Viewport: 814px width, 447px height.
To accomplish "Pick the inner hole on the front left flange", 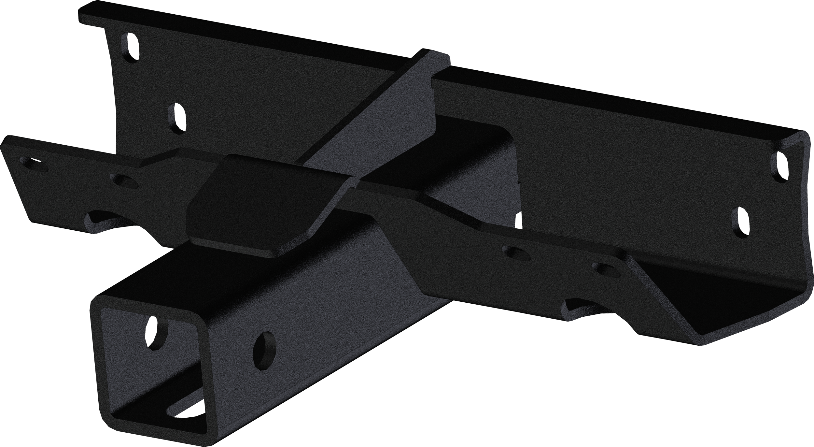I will click(124, 181).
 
